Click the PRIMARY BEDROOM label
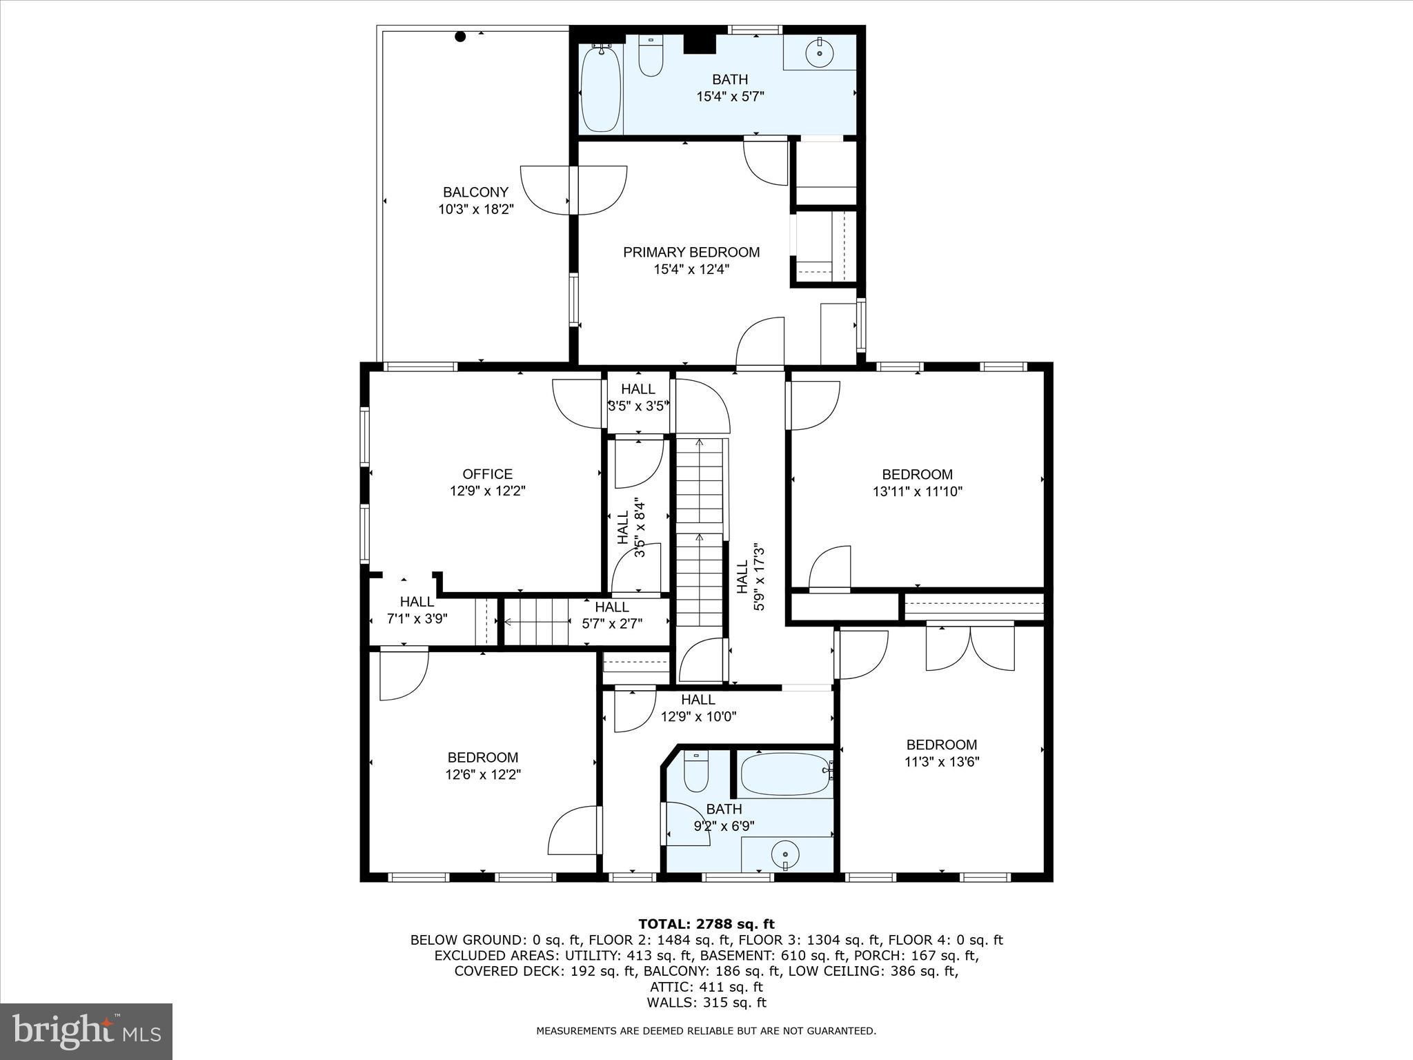[x=691, y=253]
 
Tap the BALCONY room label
[x=475, y=193]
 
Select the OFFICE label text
[x=487, y=474]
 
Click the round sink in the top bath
[x=820, y=52]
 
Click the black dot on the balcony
[x=460, y=37]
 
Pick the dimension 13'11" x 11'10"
[x=917, y=491]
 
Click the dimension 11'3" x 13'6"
[x=941, y=762]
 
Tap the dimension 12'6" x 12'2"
[x=482, y=774]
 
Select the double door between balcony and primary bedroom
[x=573, y=190]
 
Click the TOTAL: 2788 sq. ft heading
[x=706, y=924]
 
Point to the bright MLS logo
[x=86, y=1031]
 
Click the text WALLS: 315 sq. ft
[x=706, y=1003]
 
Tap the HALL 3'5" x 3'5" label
[x=638, y=397]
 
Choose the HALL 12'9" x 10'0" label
[x=698, y=708]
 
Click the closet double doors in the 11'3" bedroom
[x=969, y=647]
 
